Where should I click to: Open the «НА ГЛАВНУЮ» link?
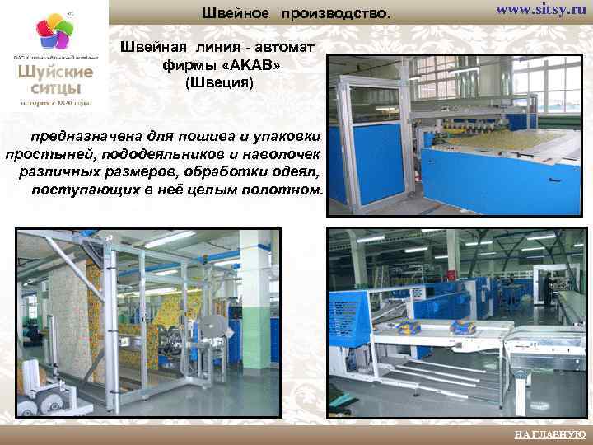coord(550,434)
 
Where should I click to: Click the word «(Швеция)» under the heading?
coord(220,83)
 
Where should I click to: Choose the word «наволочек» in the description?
coord(283,153)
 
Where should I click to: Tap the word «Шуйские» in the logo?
coord(56,72)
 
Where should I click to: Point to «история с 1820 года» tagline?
coord(56,104)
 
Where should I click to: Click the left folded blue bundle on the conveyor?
coord(407,327)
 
